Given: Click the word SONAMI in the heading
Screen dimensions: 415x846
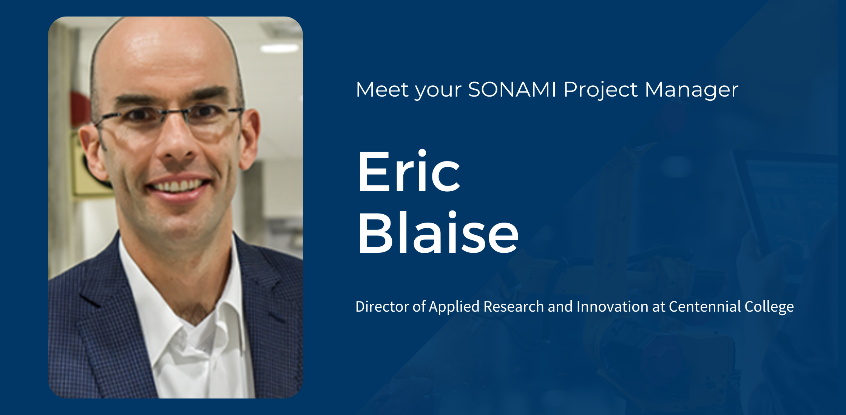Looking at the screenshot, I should click(x=512, y=89).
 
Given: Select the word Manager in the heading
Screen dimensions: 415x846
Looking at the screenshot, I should click(x=691, y=90).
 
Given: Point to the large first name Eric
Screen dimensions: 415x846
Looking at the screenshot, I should click(x=409, y=172).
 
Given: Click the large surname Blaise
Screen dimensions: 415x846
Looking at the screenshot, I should click(x=438, y=233).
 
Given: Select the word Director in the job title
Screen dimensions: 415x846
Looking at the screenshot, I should click(x=382, y=306).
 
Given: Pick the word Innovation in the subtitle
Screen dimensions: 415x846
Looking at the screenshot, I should click(x=612, y=306).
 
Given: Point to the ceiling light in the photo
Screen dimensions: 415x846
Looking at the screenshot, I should click(x=279, y=48).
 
